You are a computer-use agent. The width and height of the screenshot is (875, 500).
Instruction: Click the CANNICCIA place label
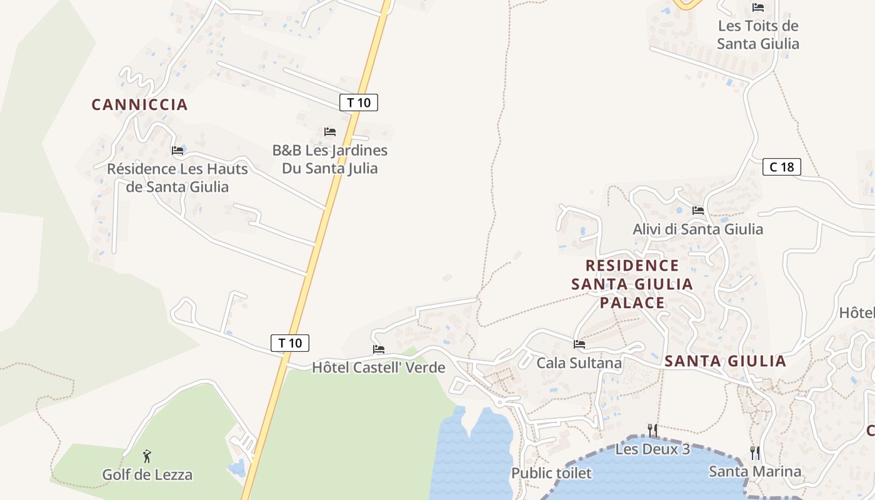(x=139, y=104)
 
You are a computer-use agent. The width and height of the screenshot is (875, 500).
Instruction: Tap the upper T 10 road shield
(x=359, y=102)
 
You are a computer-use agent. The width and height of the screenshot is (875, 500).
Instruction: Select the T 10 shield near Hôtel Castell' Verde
(x=290, y=342)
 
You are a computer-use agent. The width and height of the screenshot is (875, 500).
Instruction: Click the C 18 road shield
(x=781, y=167)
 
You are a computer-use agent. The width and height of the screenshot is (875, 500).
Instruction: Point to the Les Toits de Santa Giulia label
(x=757, y=35)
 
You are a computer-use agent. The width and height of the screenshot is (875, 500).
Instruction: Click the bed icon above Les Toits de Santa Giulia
(x=758, y=7)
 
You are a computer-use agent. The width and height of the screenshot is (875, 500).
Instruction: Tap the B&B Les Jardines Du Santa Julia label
(x=329, y=159)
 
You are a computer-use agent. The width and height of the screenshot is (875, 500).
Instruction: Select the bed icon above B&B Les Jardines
(x=330, y=132)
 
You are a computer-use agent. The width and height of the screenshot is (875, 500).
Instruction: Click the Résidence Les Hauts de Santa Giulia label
(x=177, y=177)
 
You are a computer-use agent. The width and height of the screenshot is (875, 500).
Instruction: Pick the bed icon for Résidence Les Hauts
(x=177, y=151)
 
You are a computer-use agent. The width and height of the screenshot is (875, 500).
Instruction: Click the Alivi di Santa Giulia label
(x=697, y=229)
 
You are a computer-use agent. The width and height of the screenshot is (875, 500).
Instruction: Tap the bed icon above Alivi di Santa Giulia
(x=698, y=211)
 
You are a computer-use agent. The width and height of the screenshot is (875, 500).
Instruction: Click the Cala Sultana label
(x=579, y=363)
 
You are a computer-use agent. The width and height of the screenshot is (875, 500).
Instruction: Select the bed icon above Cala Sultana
(x=579, y=344)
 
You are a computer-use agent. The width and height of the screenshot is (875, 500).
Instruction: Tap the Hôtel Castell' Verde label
(x=378, y=367)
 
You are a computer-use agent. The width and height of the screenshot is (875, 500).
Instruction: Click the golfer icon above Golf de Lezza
(x=147, y=456)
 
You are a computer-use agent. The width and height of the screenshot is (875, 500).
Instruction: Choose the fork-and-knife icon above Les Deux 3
(x=652, y=430)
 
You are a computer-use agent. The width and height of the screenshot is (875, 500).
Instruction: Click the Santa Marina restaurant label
(x=754, y=471)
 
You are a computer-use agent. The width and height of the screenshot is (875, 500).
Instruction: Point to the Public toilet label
(x=551, y=473)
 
